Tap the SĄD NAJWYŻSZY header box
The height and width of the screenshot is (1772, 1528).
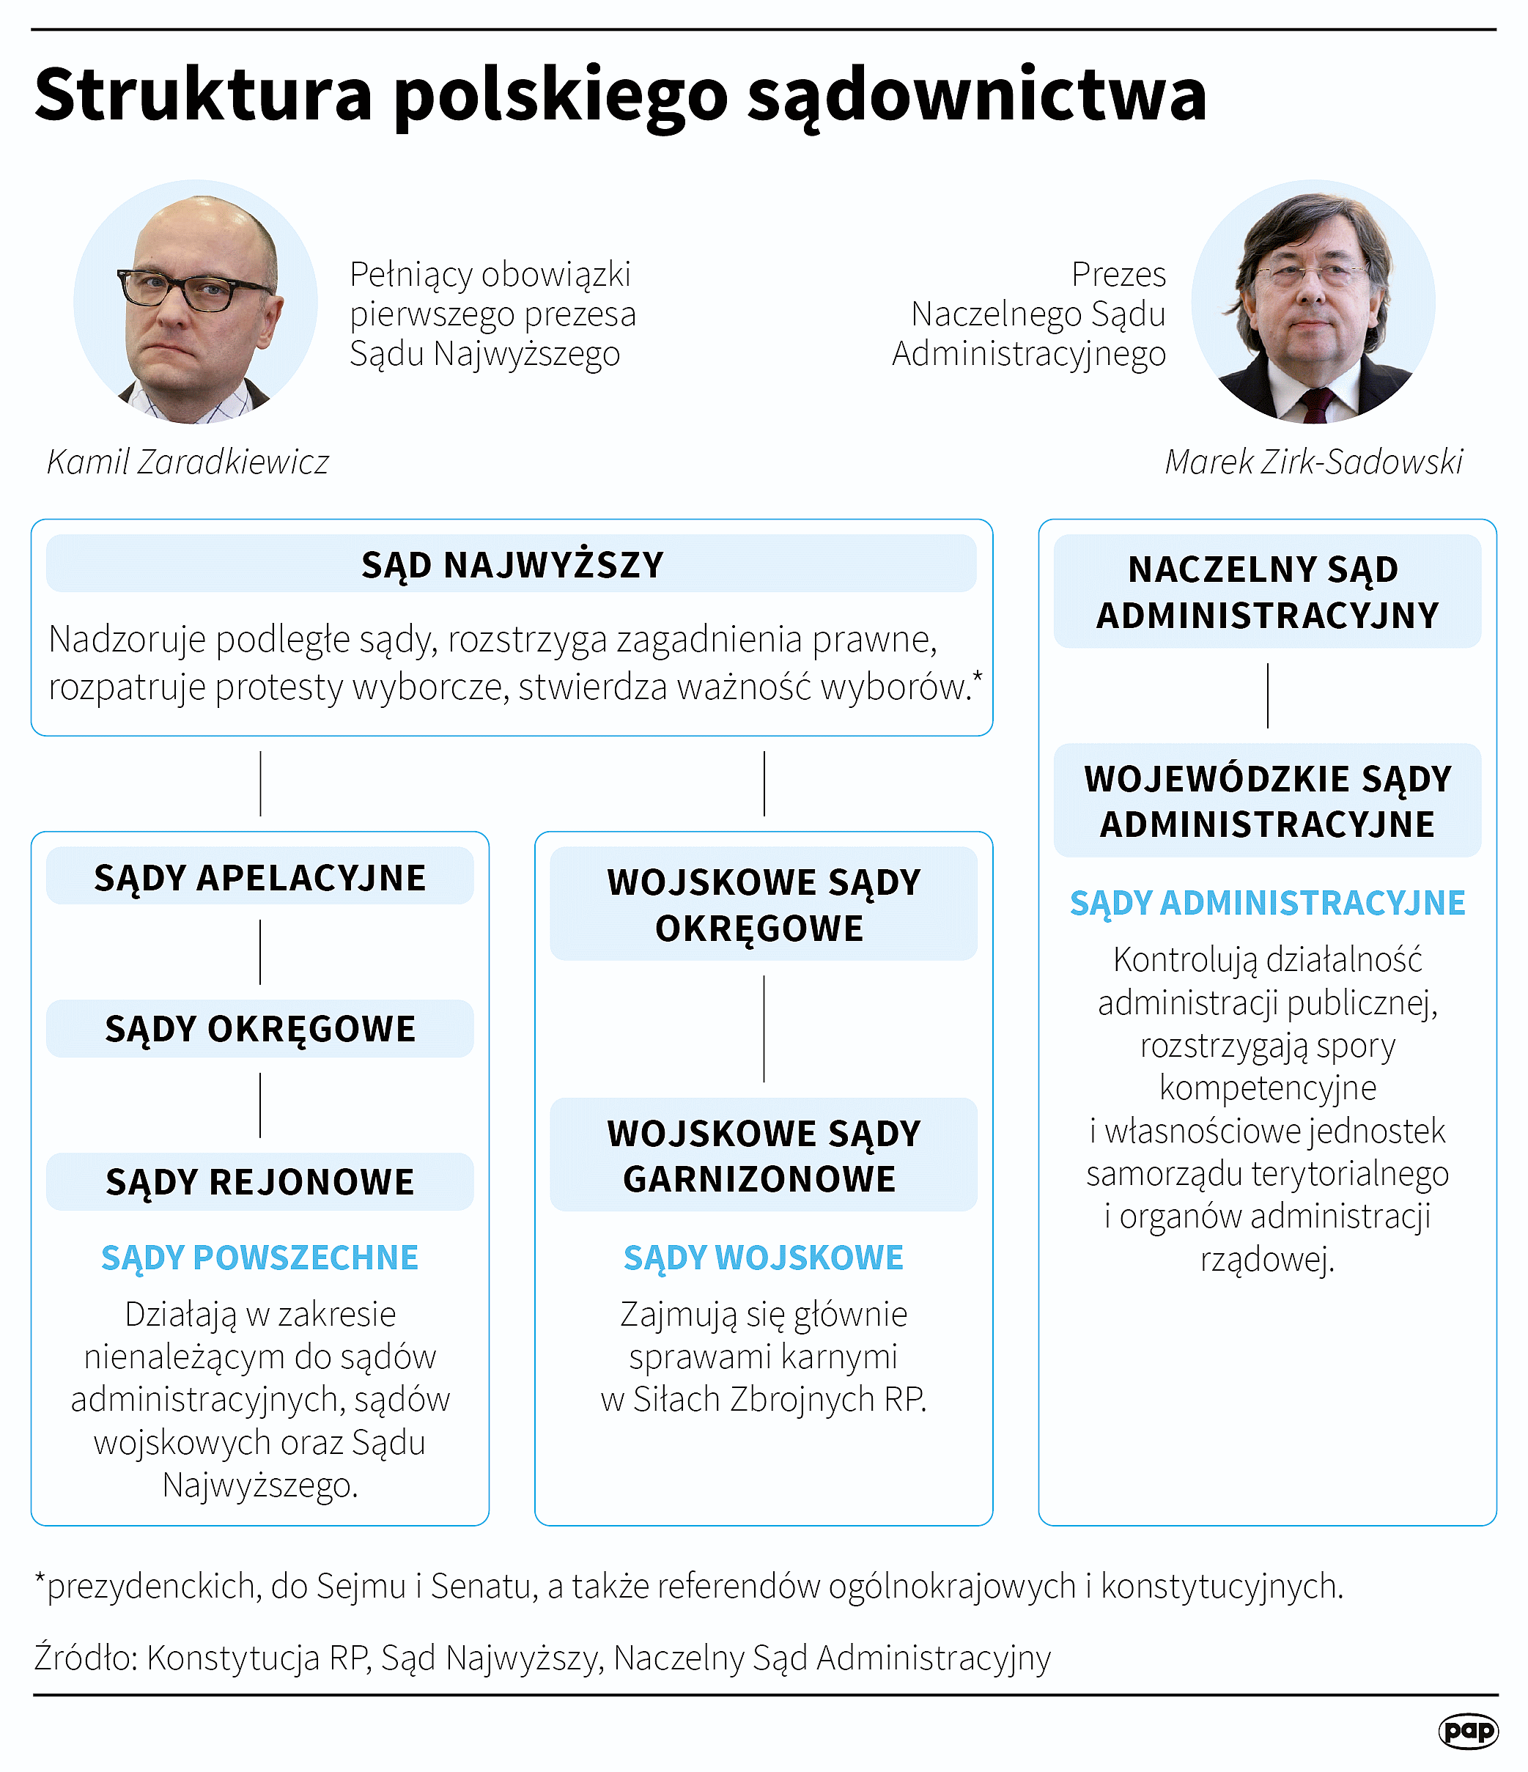click(512, 564)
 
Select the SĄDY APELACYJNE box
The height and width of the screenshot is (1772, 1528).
click(260, 877)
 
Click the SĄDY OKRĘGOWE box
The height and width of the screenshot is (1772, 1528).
click(260, 1029)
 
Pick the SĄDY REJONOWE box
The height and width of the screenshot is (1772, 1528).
click(260, 1182)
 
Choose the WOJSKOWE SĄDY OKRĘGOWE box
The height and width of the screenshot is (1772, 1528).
click(764, 904)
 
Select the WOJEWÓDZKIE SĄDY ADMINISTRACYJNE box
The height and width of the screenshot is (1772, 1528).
click(1267, 800)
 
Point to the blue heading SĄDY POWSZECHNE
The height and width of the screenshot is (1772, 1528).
click(260, 1257)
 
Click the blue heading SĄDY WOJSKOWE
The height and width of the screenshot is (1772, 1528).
click(764, 1257)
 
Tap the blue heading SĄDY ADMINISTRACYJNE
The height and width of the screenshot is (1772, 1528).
click(1267, 903)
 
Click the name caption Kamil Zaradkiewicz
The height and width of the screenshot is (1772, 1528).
click(188, 462)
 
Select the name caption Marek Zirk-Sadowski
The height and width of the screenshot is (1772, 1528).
click(1313, 462)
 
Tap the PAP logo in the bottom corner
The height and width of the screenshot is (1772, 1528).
click(1468, 1730)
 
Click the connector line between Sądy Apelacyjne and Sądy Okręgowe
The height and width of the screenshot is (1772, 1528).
click(260, 952)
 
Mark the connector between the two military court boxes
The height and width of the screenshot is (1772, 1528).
click(764, 1029)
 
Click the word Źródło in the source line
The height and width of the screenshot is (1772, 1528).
click(86, 1658)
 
